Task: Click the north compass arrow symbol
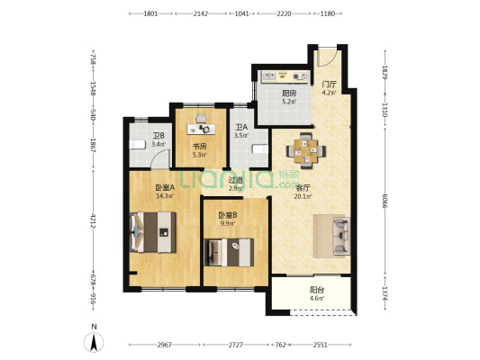94,342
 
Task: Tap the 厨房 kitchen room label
289,94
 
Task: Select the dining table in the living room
306,150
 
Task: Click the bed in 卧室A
153,232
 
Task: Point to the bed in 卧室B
229,252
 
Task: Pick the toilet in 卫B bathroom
137,145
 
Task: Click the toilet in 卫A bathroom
260,149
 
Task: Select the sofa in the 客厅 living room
341,236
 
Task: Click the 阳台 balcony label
317,290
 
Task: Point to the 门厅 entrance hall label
330,84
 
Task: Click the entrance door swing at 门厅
327,57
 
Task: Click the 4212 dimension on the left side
94,221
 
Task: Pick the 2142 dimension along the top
201,13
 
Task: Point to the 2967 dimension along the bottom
165,345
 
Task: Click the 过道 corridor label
235,181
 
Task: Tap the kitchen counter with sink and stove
284,76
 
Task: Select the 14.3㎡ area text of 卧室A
165,196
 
